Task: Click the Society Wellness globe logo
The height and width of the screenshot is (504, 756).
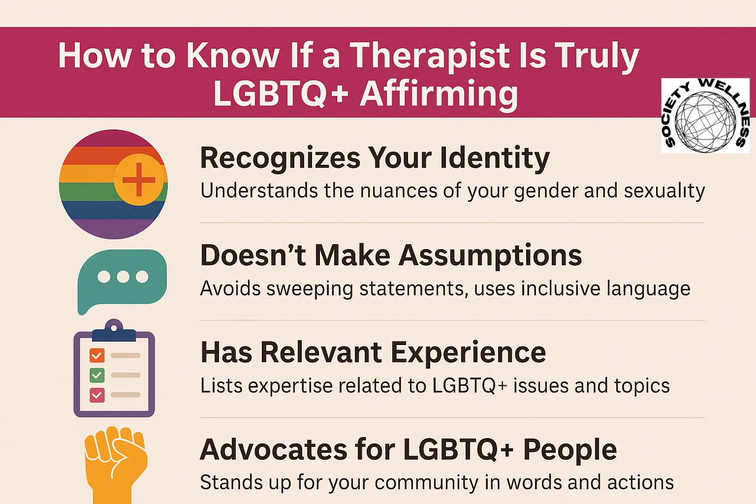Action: coord(705,116)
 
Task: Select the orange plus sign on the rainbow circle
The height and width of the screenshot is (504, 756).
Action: coord(138,180)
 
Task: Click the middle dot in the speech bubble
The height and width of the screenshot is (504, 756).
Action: coord(123,277)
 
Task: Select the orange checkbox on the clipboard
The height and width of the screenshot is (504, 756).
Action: coord(97,355)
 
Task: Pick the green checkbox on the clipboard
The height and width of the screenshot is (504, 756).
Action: coord(97,375)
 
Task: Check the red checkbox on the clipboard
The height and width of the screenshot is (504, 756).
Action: coord(97,395)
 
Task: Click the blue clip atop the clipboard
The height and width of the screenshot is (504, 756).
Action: coord(114,332)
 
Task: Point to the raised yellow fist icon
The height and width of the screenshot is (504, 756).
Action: coord(115,463)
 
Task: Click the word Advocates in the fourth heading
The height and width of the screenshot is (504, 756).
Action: coord(273,449)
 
